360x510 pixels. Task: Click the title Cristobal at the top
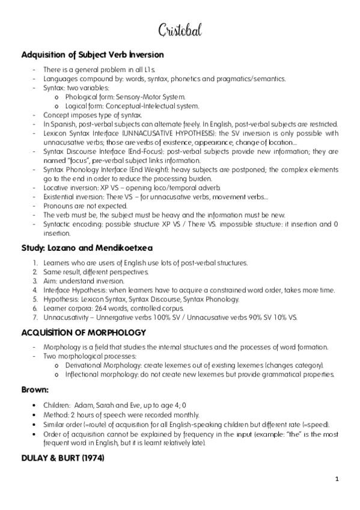tap(180, 29)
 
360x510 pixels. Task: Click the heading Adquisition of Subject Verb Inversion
tap(93, 55)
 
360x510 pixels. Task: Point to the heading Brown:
tap(35, 389)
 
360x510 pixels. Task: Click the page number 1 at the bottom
tap(337, 479)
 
